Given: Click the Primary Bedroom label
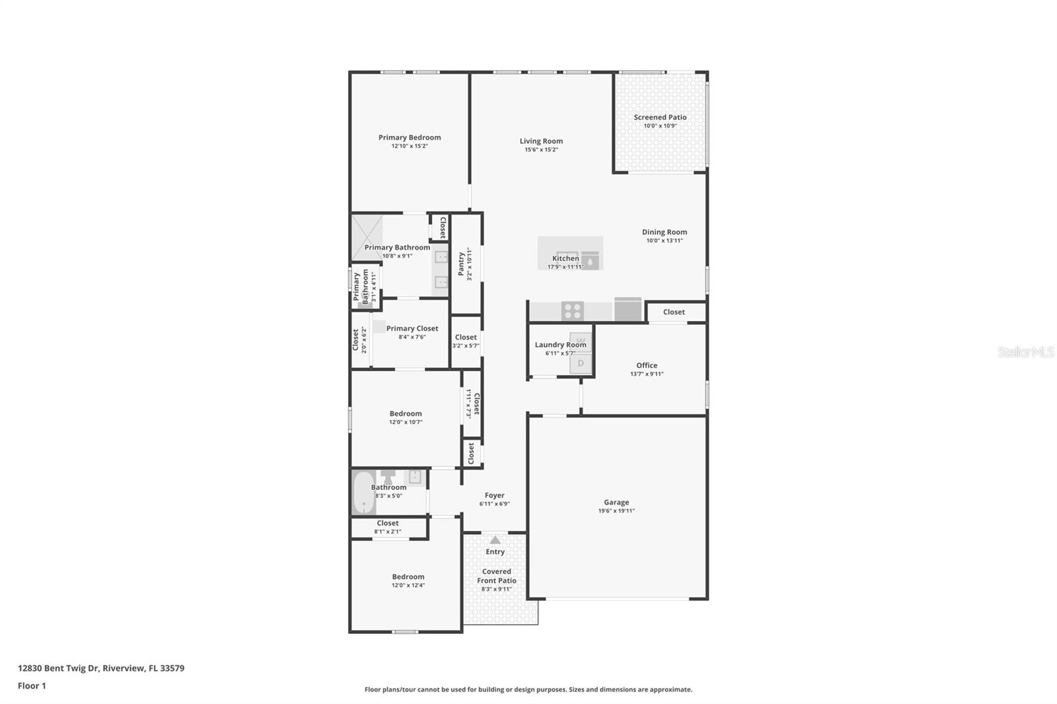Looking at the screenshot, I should [410, 137].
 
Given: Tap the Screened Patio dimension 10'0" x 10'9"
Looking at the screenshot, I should [660, 125].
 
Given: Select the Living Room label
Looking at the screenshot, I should [541, 141].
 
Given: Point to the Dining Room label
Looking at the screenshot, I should [664, 232].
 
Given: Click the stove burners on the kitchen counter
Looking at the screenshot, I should [572, 310].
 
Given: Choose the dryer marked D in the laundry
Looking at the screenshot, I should [581, 363].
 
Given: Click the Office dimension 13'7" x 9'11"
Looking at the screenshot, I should [646, 374].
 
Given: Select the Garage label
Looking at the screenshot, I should [616, 502].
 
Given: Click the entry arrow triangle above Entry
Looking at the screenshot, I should [495, 540].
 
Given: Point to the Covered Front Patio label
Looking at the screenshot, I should [497, 576].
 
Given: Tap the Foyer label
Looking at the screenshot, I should [494, 495].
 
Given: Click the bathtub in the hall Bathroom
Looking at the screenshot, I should [363, 492].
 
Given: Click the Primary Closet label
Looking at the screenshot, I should [412, 328].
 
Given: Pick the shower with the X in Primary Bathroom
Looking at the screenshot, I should [367, 238].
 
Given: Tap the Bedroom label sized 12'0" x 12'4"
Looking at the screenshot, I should [408, 577].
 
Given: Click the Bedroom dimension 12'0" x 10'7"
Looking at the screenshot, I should [405, 422].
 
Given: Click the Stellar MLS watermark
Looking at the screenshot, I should [1025, 352].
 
